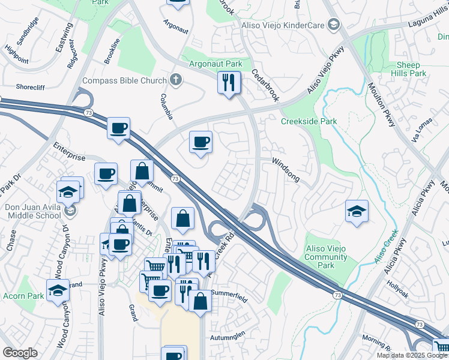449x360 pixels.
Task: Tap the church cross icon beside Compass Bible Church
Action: coord(175,80)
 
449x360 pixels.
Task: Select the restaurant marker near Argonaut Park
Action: coord(228,83)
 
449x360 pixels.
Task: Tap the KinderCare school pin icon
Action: coord(334,25)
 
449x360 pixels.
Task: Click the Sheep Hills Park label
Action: coord(403,69)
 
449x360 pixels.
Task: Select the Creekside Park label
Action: coord(309,121)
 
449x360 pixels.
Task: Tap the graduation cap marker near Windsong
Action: coord(357,211)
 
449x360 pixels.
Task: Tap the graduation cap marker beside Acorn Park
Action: coord(58,290)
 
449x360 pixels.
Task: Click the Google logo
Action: coord(20,353)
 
